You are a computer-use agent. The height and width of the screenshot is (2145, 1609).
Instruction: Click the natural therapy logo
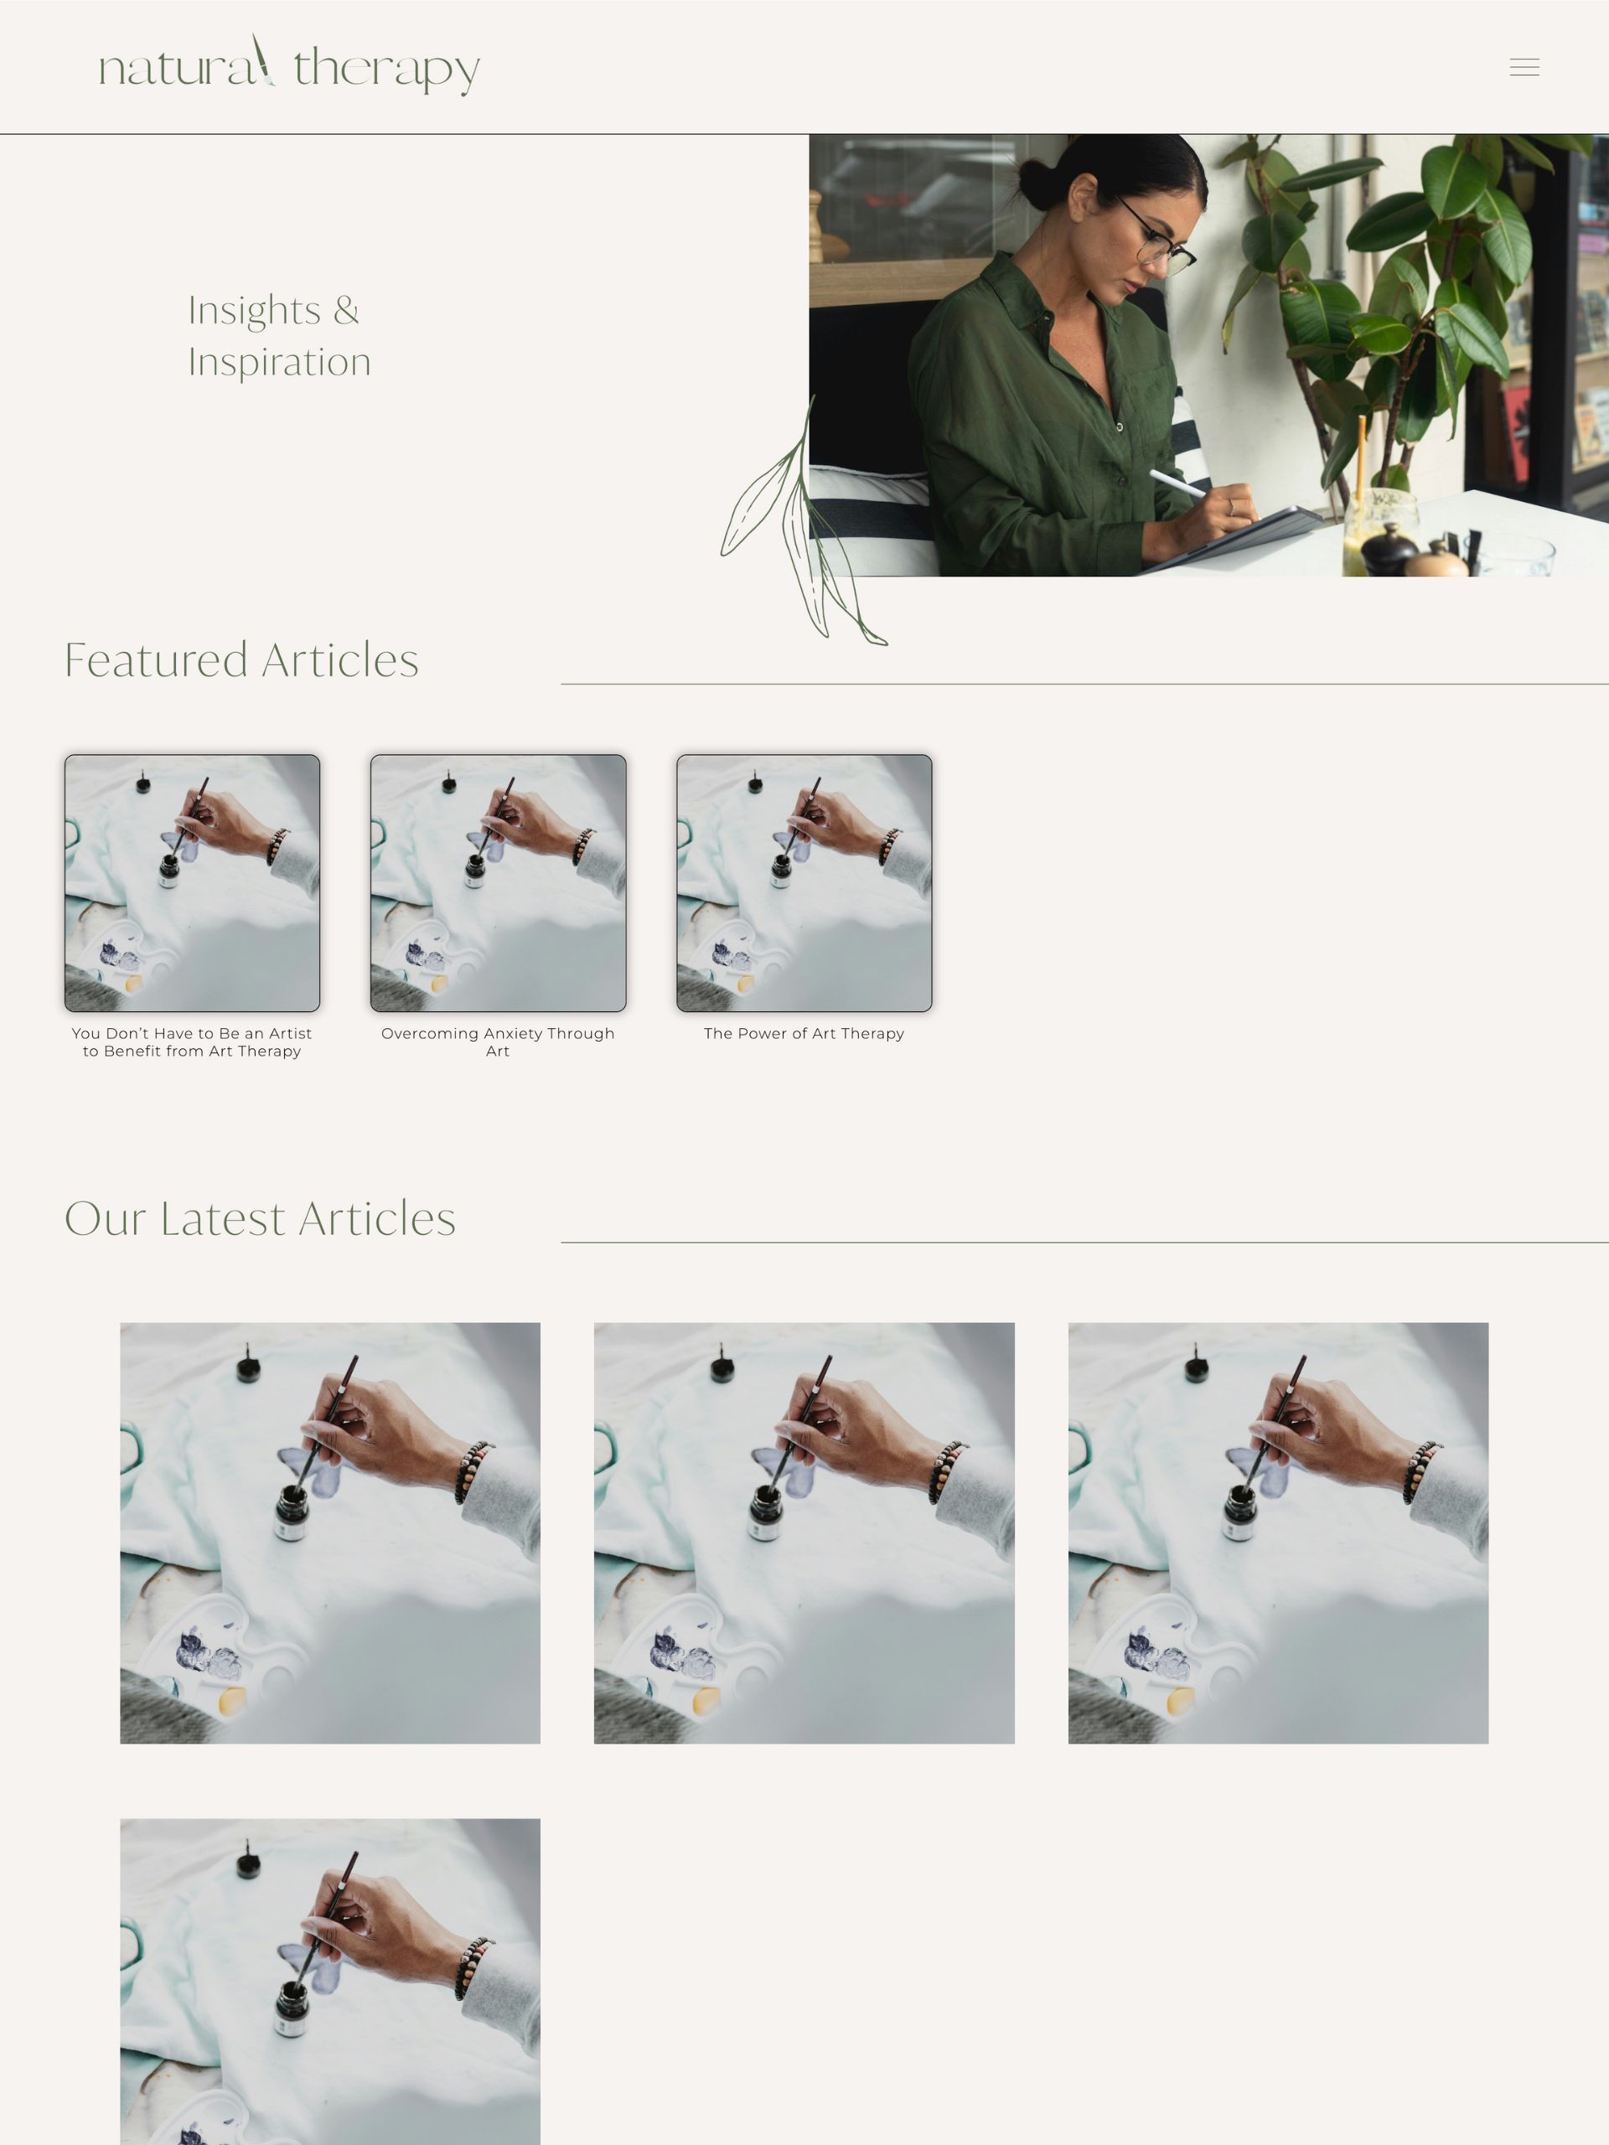point(289,66)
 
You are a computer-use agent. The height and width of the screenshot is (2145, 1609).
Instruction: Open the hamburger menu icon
point(1524,67)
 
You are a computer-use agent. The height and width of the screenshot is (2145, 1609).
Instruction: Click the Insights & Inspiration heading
point(278,335)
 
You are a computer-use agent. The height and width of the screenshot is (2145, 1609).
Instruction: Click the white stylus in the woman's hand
point(1177,482)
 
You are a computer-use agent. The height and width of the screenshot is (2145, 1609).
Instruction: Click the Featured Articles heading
point(241,660)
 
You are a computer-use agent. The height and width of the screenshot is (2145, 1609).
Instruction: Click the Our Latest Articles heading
point(260,1219)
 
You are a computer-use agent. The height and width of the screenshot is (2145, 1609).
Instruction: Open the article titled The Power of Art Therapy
point(804,1034)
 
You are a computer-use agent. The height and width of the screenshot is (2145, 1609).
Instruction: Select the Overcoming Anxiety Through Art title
point(498,1041)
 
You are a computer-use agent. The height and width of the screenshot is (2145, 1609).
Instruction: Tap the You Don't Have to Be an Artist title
point(192,1041)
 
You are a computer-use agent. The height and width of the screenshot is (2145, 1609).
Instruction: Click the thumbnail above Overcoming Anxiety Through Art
point(498,882)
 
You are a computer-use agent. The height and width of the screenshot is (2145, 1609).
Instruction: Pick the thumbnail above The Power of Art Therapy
point(804,882)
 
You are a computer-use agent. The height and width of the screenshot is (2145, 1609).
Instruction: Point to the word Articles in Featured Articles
point(339,660)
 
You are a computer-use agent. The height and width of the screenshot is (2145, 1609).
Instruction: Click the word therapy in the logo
point(386,70)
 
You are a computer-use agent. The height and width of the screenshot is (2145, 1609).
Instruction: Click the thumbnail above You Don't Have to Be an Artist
point(192,882)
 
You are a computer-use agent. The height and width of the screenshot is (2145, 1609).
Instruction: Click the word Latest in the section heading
point(222,1219)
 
